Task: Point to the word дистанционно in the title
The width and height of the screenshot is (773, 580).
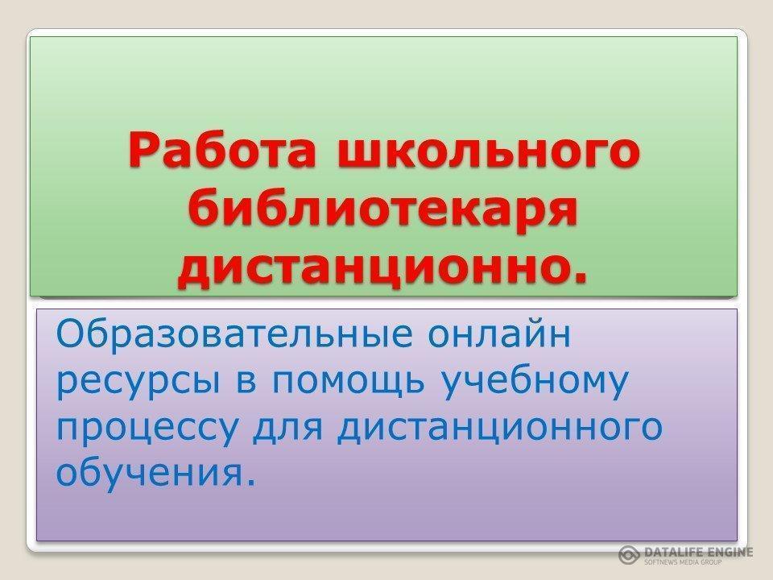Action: [x=366, y=270]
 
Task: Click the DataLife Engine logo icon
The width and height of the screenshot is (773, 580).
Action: [x=630, y=554]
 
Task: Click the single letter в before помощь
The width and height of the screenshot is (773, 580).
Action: [x=247, y=380]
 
